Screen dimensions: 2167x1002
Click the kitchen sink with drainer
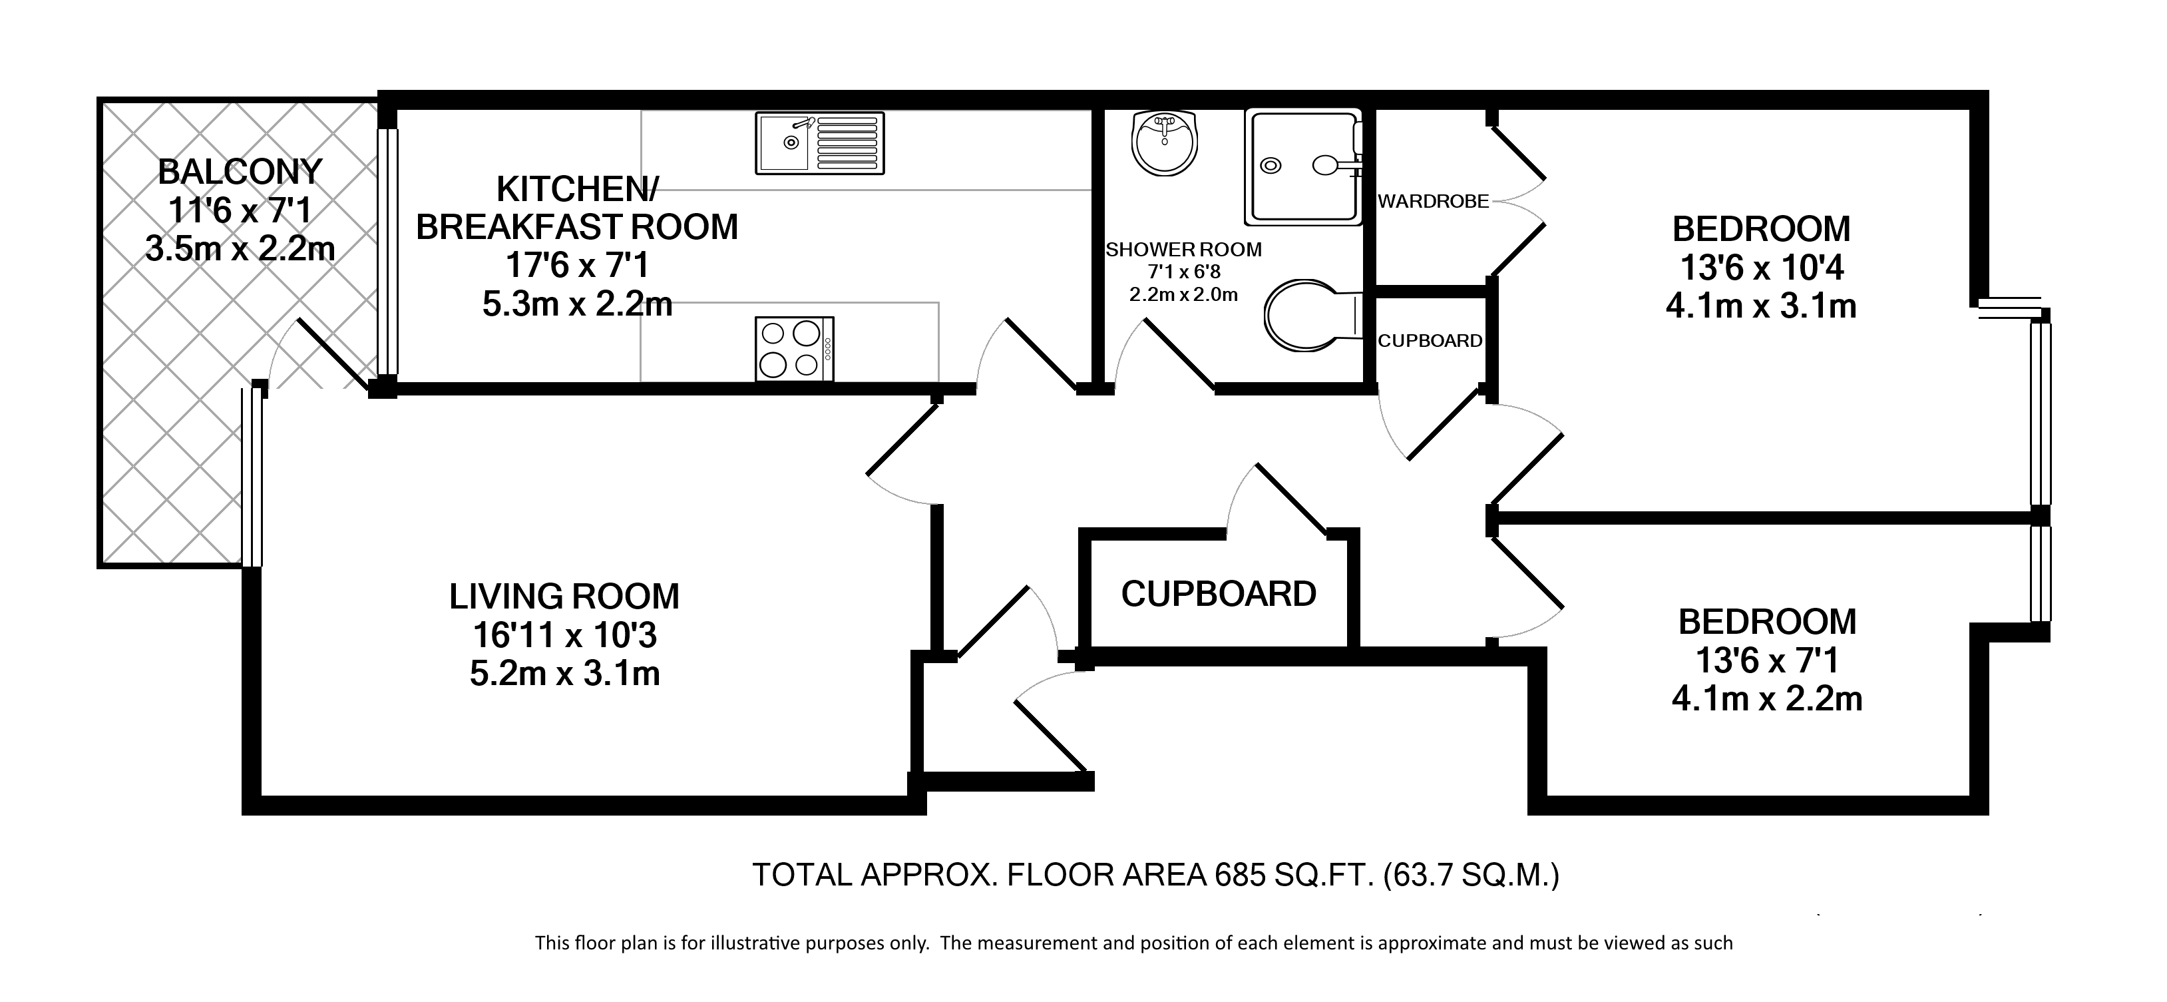pos(819,144)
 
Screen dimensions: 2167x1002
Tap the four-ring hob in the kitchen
pos(794,348)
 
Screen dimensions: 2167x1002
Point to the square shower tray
pos(1304,167)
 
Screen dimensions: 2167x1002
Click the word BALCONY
pos(240,172)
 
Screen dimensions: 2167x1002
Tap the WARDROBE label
pos(1434,202)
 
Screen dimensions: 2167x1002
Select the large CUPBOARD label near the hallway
pos(1218,594)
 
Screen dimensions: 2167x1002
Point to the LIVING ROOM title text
pos(564,597)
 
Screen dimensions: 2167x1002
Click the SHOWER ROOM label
pos(1183,250)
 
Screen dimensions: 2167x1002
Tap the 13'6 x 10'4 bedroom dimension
pos(1762,268)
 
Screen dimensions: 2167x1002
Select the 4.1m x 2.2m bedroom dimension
pos(1766,699)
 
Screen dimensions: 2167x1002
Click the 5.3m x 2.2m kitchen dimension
pos(577,304)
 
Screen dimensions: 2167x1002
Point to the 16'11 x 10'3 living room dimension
pos(564,635)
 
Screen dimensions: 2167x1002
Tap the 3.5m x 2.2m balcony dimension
pos(240,249)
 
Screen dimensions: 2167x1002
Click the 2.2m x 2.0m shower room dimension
pos(1183,294)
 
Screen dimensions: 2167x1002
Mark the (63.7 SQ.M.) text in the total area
pos(1472,876)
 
